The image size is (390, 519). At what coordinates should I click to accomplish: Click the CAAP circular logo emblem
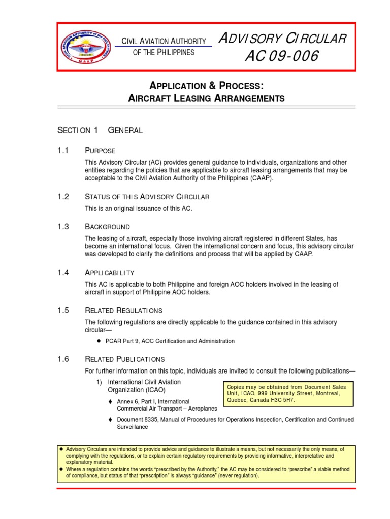tap(85, 47)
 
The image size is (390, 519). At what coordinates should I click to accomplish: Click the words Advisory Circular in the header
tap(282, 39)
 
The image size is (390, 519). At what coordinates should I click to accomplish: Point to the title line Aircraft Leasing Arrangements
tap(206, 98)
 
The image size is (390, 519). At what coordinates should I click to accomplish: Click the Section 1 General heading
tap(100, 130)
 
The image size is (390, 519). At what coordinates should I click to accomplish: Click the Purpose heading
tap(100, 151)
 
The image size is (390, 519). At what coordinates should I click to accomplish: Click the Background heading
tap(107, 227)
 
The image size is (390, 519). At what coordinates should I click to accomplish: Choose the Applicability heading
tap(109, 273)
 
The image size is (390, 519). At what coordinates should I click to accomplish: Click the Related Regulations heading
tap(123, 310)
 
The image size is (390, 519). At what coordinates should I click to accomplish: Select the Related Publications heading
tap(124, 359)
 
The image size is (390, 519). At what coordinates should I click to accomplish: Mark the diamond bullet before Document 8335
tap(110, 420)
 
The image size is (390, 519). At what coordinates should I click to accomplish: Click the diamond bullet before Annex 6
tap(110, 401)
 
